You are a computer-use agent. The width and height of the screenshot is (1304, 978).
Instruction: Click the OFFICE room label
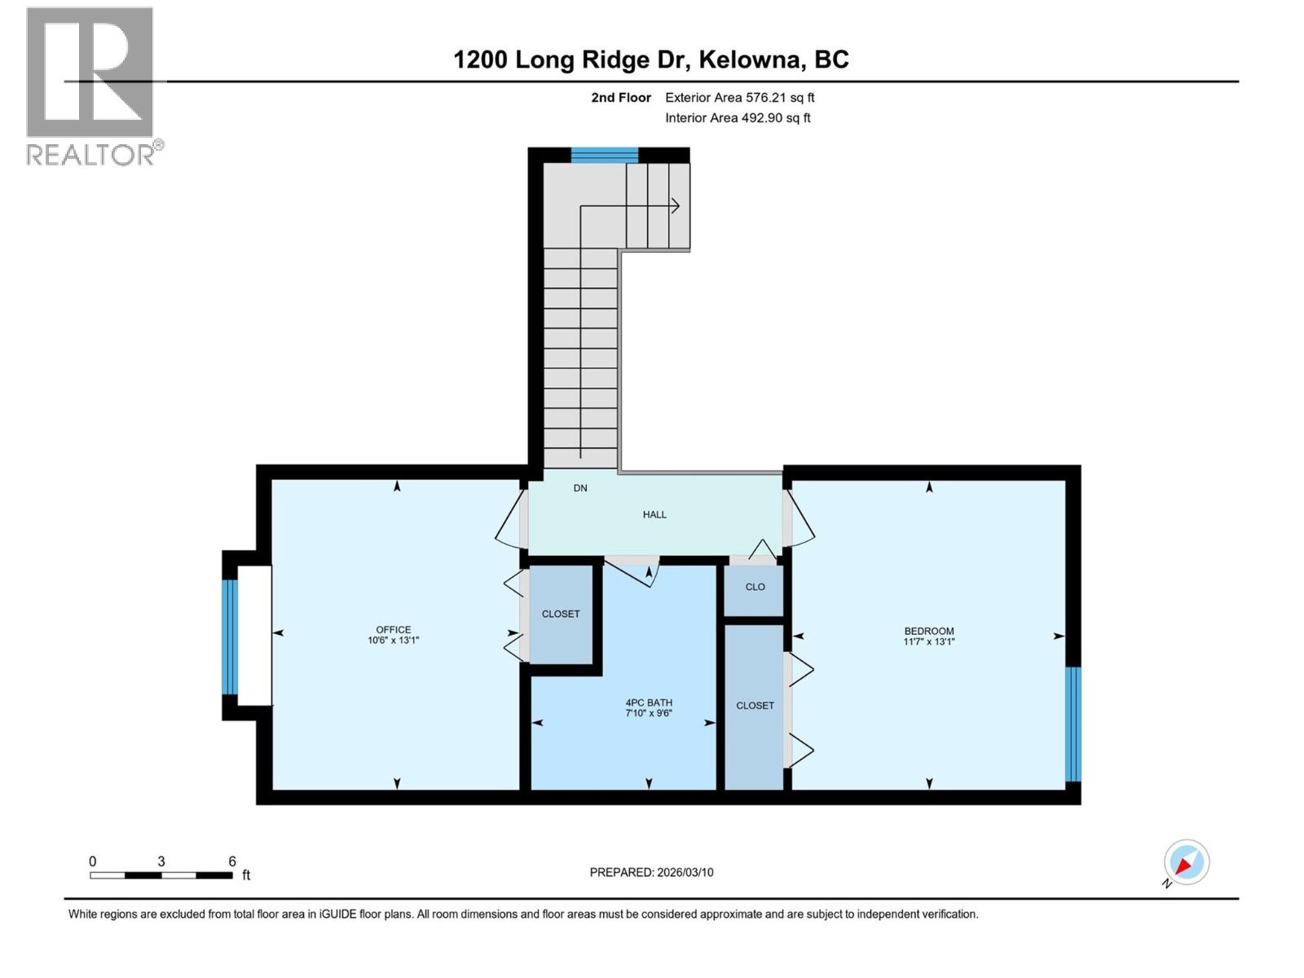[x=393, y=630]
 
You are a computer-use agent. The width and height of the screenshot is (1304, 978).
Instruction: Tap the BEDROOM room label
[x=928, y=631]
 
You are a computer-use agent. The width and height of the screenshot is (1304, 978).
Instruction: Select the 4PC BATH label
[x=649, y=703]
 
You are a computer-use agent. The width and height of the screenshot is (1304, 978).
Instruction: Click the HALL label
[x=654, y=514]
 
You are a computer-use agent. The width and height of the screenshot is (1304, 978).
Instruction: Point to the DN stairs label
[x=580, y=488]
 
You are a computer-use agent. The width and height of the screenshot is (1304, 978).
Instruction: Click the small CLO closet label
[x=755, y=587]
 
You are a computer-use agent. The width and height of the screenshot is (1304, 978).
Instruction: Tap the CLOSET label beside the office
[x=561, y=614]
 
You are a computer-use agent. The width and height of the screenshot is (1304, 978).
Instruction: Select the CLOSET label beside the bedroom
[x=755, y=706]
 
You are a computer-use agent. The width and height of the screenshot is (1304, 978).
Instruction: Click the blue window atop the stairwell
[x=604, y=155]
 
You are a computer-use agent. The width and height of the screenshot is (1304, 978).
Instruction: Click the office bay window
[x=230, y=637]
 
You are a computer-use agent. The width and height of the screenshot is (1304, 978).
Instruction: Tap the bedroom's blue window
[x=1073, y=724]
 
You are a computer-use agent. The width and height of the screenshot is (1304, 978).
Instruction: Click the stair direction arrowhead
[x=676, y=206]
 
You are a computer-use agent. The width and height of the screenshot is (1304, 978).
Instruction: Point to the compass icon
[x=1186, y=862]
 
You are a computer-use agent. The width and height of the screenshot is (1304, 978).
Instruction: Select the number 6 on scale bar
[x=232, y=861]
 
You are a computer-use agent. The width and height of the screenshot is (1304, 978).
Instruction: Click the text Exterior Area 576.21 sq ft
[x=739, y=98]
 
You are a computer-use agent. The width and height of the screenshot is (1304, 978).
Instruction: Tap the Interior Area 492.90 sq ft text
[x=738, y=118]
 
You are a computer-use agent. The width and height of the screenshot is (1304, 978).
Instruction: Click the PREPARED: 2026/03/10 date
[x=651, y=872]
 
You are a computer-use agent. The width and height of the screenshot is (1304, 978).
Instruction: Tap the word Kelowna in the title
[x=750, y=59]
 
